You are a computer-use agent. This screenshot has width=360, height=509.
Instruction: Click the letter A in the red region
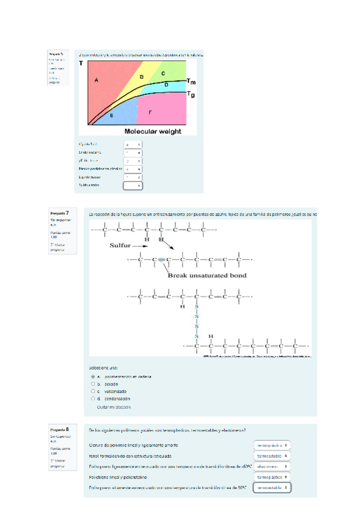tap(96, 80)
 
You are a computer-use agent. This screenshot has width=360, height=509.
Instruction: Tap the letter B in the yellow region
tap(142, 77)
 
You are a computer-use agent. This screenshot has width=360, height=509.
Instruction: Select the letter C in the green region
tap(163, 73)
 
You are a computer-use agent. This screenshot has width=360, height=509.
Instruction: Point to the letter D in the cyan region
tap(166, 85)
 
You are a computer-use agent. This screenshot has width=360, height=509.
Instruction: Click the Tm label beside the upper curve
tap(190, 82)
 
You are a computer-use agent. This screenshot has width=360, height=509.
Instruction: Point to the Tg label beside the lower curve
tap(190, 94)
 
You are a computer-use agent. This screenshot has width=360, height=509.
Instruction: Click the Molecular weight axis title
tap(152, 131)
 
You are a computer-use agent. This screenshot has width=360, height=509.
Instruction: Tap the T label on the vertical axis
tap(82, 63)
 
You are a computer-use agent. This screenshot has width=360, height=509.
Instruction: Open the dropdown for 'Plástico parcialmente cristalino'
tap(133, 169)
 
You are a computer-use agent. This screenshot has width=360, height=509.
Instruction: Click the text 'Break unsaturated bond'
tap(206, 276)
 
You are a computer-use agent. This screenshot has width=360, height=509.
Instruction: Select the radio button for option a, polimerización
tap(92, 377)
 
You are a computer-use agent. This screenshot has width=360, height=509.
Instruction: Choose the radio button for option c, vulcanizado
tap(92, 391)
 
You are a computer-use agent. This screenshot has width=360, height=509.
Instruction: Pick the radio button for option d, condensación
tap(92, 399)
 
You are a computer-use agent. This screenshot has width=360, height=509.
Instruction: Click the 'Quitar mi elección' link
tap(113, 406)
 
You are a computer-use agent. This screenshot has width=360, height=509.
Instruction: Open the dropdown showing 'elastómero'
tap(272, 466)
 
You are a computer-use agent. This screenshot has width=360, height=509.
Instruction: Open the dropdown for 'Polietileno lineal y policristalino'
tap(272, 477)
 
